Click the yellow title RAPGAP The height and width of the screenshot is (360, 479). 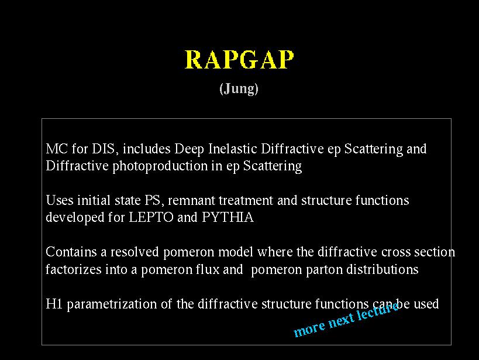239,59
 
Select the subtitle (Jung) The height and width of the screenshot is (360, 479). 239,89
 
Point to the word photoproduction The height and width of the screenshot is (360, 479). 160,167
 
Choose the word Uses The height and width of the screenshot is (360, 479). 60,201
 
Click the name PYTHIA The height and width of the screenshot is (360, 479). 228,218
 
